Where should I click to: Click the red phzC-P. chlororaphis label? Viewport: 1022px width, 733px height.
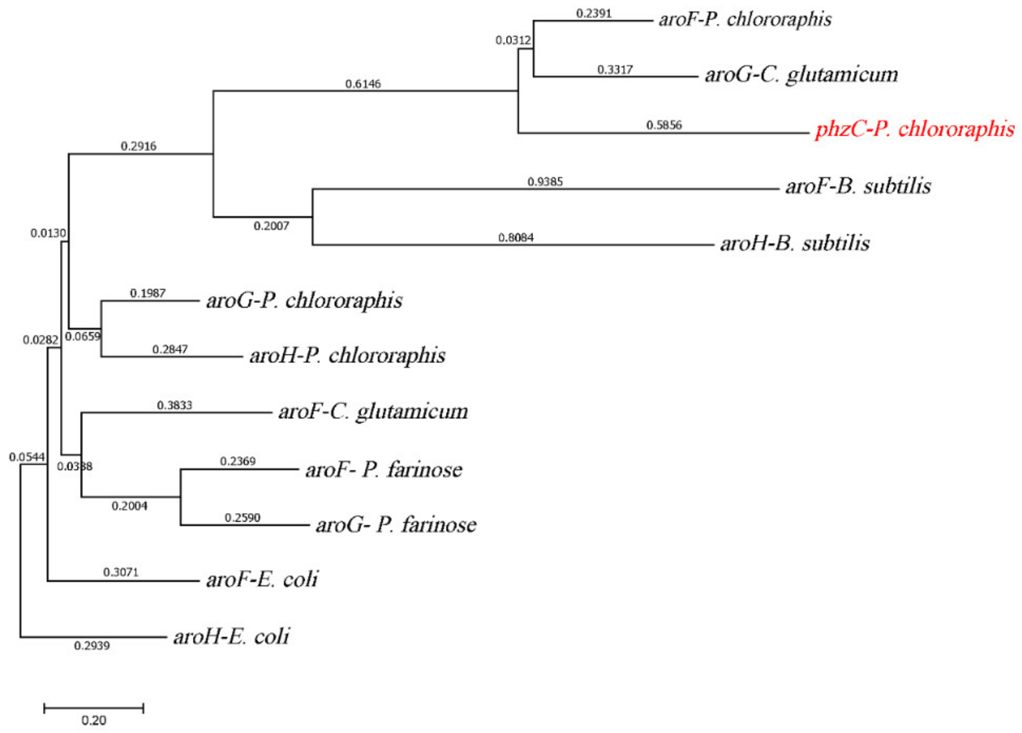pyautogui.click(x=915, y=129)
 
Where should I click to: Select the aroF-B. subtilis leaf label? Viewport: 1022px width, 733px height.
pyautogui.click(x=858, y=186)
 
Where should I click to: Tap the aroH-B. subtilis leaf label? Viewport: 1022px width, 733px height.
pyautogui.click(x=795, y=243)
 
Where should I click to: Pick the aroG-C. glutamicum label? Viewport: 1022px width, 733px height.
pyautogui.click(x=801, y=74)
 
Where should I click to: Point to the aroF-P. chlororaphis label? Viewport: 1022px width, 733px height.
pyautogui.click(x=745, y=19)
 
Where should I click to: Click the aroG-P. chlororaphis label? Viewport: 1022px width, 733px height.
pyautogui.click(x=304, y=301)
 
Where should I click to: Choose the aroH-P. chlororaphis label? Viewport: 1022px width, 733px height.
pyautogui.click(x=347, y=356)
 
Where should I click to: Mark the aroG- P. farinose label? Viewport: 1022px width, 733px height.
pyautogui.click(x=396, y=525)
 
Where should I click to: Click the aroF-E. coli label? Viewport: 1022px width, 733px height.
pyautogui.click(x=262, y=579)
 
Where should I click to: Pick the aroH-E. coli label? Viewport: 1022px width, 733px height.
pyautogui.click(x=231, y=636)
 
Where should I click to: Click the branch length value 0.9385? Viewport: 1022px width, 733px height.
pyautogui.click(x=545, y=182)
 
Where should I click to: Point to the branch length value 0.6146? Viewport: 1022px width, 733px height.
pyautogui.click(x=363, y=84)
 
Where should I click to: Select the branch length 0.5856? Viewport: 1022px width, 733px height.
pyautogui.click(x=664, y=125)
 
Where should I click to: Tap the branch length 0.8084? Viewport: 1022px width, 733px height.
pyautogui.click(x=516, y=237)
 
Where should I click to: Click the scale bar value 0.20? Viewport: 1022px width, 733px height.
pyautogui.click(x=94, y=720)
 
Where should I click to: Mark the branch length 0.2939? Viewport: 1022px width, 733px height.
pyautogui.click(x=92, y=646)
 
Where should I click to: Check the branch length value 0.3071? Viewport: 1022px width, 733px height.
pyautogui.click(x=121, y=572)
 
